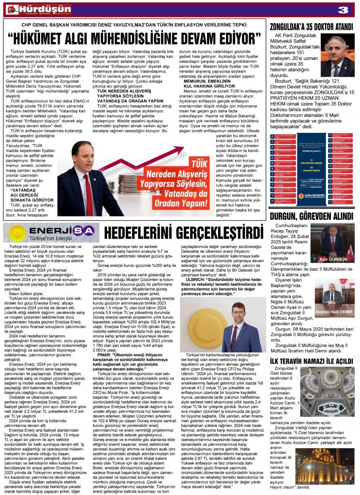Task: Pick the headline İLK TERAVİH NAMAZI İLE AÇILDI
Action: (x=312, y=348)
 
